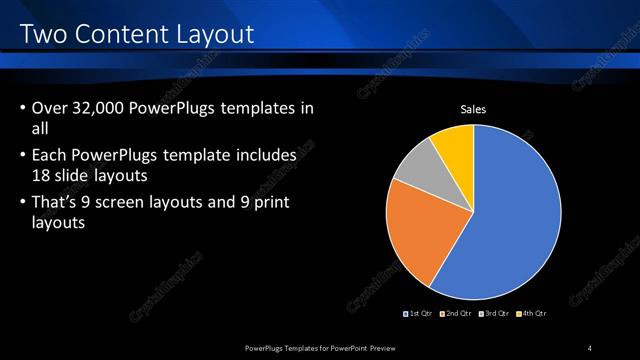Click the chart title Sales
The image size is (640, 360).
473,109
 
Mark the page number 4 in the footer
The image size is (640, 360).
590,348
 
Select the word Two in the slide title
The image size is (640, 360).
43,35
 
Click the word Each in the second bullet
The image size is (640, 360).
51,156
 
